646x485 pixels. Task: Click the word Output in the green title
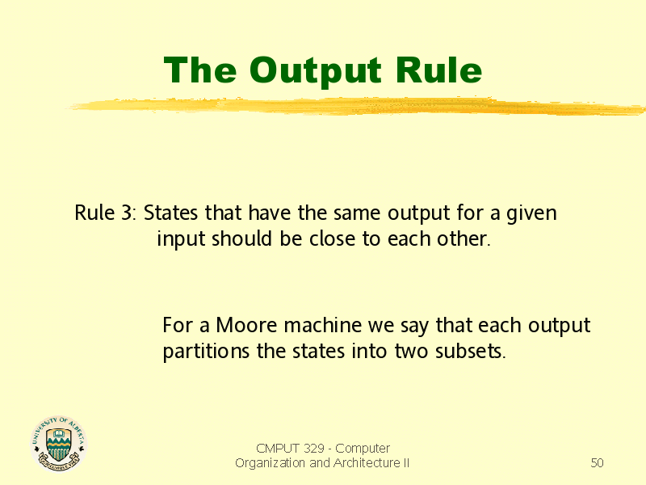[315, 71]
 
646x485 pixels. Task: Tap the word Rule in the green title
[438, 70]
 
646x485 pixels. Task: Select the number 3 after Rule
[127, 213]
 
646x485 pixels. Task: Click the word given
[531, 214]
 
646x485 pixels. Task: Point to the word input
[181, 240]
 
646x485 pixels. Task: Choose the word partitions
[206, 352]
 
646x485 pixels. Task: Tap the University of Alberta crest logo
[59, 443]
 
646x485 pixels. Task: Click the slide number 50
[597, 462]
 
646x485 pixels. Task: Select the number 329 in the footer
[314, 449]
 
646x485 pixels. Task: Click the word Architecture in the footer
[367, 462]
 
